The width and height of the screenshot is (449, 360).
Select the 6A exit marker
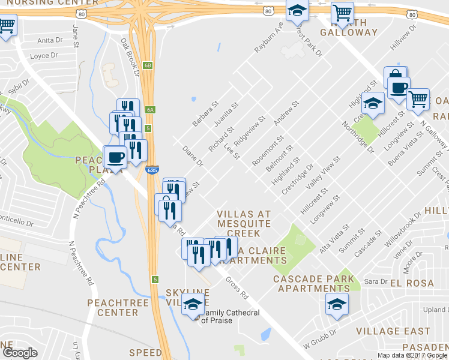[x=151, y=109]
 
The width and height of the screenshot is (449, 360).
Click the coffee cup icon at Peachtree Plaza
[x=115, y=158]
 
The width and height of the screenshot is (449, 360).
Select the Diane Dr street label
[x=193, y=155]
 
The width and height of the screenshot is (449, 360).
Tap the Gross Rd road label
[x=237, y=287]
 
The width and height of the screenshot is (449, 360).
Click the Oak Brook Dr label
[x=130, y=58]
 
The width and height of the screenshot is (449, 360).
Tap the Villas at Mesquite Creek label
[x=243, y=223]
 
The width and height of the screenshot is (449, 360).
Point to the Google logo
[x=20, y=352]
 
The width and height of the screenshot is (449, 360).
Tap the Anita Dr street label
[x=50, y=41]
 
